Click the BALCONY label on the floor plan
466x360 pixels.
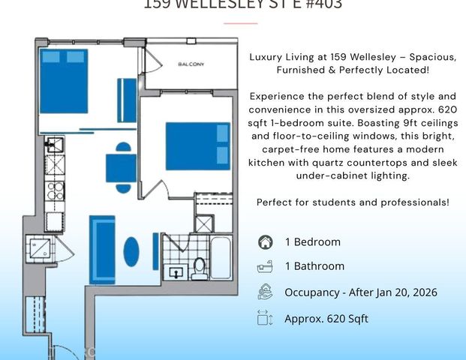click(191, 64)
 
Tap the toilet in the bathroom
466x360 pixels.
click(199, 265)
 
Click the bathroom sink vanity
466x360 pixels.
click(177, 271)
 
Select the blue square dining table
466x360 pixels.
click(121, 167)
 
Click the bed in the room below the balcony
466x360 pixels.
click(197, 146)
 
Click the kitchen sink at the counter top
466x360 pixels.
click(53, 144)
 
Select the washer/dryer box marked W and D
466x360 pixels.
click(40, 248)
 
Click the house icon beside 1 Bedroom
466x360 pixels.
click(264, 242)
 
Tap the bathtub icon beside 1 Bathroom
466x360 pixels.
click(264, 266)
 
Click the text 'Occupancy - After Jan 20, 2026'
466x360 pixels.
click(360, 292)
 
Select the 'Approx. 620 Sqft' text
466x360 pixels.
click(326, 319)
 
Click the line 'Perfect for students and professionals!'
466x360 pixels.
click(353, 202)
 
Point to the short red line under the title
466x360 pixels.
click(240, 23)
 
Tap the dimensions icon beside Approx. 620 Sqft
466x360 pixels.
click(264, 318)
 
